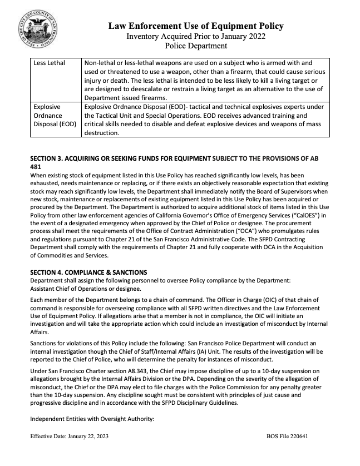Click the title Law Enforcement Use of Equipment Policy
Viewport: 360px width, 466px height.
click(x=196, y=26)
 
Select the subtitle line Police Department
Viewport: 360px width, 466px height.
click(x=196, y=47)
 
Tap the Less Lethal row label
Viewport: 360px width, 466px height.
click(x=49, y=63)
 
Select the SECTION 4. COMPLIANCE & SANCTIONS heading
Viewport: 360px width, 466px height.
click(x=89, y=272)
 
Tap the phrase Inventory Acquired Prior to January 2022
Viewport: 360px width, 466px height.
click(x=196, y=37)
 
